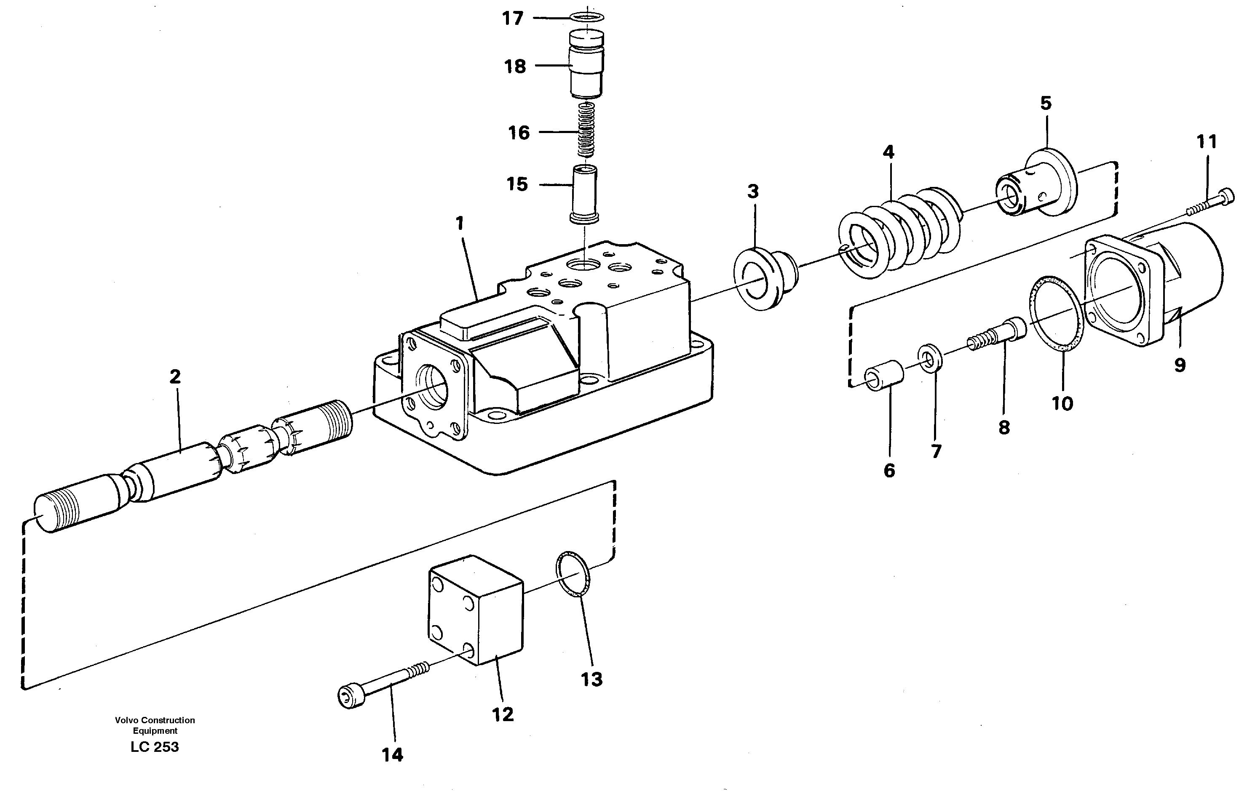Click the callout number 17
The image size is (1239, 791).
512,19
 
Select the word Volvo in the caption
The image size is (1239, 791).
126,720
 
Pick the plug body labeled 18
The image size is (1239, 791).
586,65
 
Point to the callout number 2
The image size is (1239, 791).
175,378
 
